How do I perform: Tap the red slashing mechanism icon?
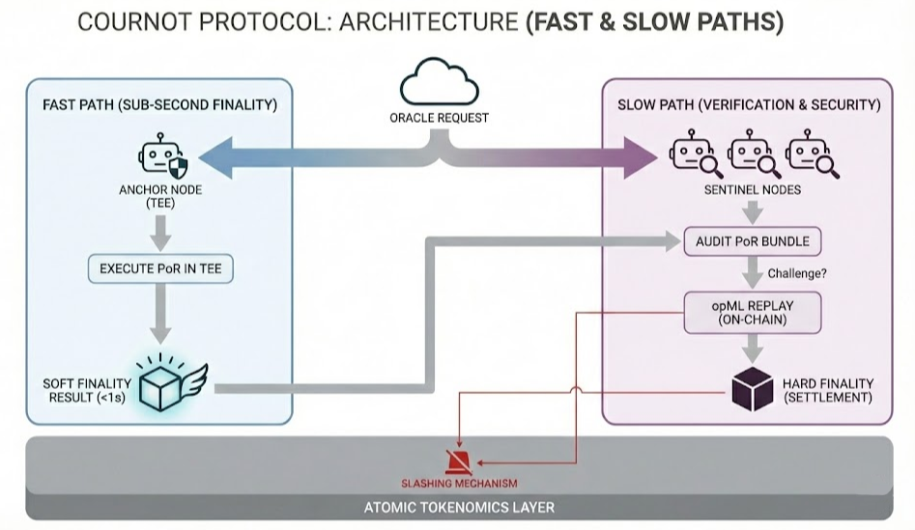point(458,460)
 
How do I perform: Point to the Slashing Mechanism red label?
point(459,483)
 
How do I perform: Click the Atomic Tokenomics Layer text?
point(459,507)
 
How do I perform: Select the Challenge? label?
point(796,273)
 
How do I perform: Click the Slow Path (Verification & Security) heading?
point(749,104)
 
